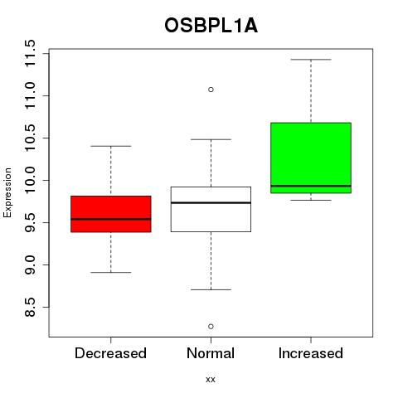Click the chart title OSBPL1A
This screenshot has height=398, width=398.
211,26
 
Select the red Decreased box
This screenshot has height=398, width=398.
111,214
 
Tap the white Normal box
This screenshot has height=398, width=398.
211,209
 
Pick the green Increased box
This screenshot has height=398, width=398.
311,158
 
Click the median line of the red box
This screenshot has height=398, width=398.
111,219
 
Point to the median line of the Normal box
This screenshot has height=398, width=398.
211,202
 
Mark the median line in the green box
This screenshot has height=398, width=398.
311,186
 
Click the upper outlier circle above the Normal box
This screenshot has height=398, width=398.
211,90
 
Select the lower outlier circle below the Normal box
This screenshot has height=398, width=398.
211,327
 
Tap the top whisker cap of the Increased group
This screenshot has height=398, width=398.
311,60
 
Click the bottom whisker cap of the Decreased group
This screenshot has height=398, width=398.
111,272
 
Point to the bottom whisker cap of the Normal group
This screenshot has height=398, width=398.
211,289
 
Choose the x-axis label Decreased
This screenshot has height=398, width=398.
110,353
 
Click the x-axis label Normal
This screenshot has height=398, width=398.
211,353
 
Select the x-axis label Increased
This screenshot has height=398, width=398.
311,353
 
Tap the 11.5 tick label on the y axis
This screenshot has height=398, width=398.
30,53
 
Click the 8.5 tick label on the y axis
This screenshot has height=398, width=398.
30,307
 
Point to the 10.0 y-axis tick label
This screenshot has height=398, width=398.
30,180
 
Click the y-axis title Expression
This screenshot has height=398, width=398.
7,192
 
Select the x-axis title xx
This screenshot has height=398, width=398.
211,380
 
